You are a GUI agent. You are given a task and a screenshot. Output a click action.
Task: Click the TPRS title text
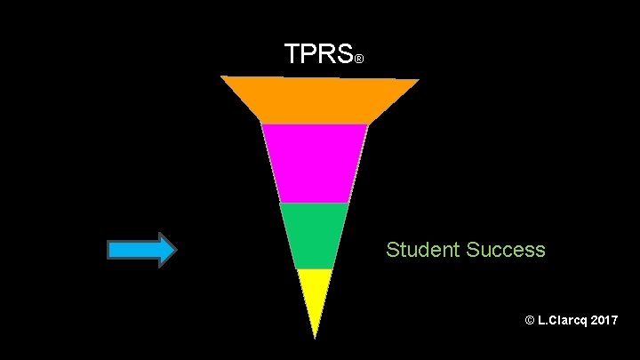coord(318,55)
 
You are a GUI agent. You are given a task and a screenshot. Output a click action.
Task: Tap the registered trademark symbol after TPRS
coord(358,60)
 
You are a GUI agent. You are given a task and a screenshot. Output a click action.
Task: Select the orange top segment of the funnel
coord(318,100)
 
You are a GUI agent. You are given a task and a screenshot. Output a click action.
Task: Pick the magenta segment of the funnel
coord(315,163)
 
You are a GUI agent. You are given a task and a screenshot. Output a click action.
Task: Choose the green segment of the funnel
coord(314,235)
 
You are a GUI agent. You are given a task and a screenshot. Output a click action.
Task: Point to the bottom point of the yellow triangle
coord(315,337)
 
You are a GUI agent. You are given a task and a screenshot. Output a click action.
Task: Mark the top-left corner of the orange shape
coord(222,77)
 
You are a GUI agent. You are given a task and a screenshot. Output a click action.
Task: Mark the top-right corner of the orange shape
coord(418,80)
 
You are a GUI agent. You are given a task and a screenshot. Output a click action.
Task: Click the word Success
coord(504,250)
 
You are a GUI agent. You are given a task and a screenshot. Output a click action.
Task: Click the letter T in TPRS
coord(293,55)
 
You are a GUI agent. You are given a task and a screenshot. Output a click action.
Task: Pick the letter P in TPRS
coord(309,55)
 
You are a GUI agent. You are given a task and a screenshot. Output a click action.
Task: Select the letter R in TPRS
coord(326,55)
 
